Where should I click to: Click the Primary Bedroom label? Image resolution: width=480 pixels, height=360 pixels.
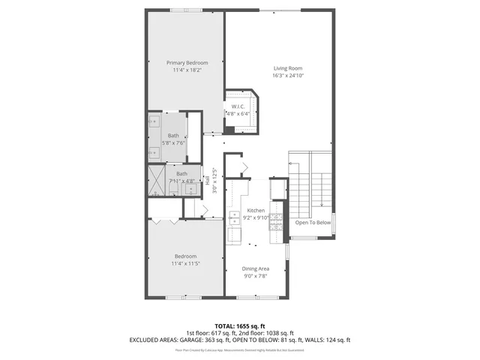pos(187,62)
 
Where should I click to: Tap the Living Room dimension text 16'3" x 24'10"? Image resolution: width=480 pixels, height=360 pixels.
pos(289,76)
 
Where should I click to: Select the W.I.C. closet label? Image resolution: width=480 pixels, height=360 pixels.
pos(239,106)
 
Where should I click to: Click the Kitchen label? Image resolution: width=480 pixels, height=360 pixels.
pos(256,211)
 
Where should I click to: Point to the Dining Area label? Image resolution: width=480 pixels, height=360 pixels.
pos(255,268)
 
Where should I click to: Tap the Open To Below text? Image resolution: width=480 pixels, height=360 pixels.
pos(312,223)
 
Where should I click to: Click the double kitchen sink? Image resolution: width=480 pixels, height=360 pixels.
pos(233,218)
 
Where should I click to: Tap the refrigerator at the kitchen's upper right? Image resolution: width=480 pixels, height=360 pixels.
pos(278,187)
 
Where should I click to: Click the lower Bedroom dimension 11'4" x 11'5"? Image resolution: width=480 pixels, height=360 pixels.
pos(186,263)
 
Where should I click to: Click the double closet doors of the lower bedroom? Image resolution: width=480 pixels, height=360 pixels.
pos(164,221)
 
